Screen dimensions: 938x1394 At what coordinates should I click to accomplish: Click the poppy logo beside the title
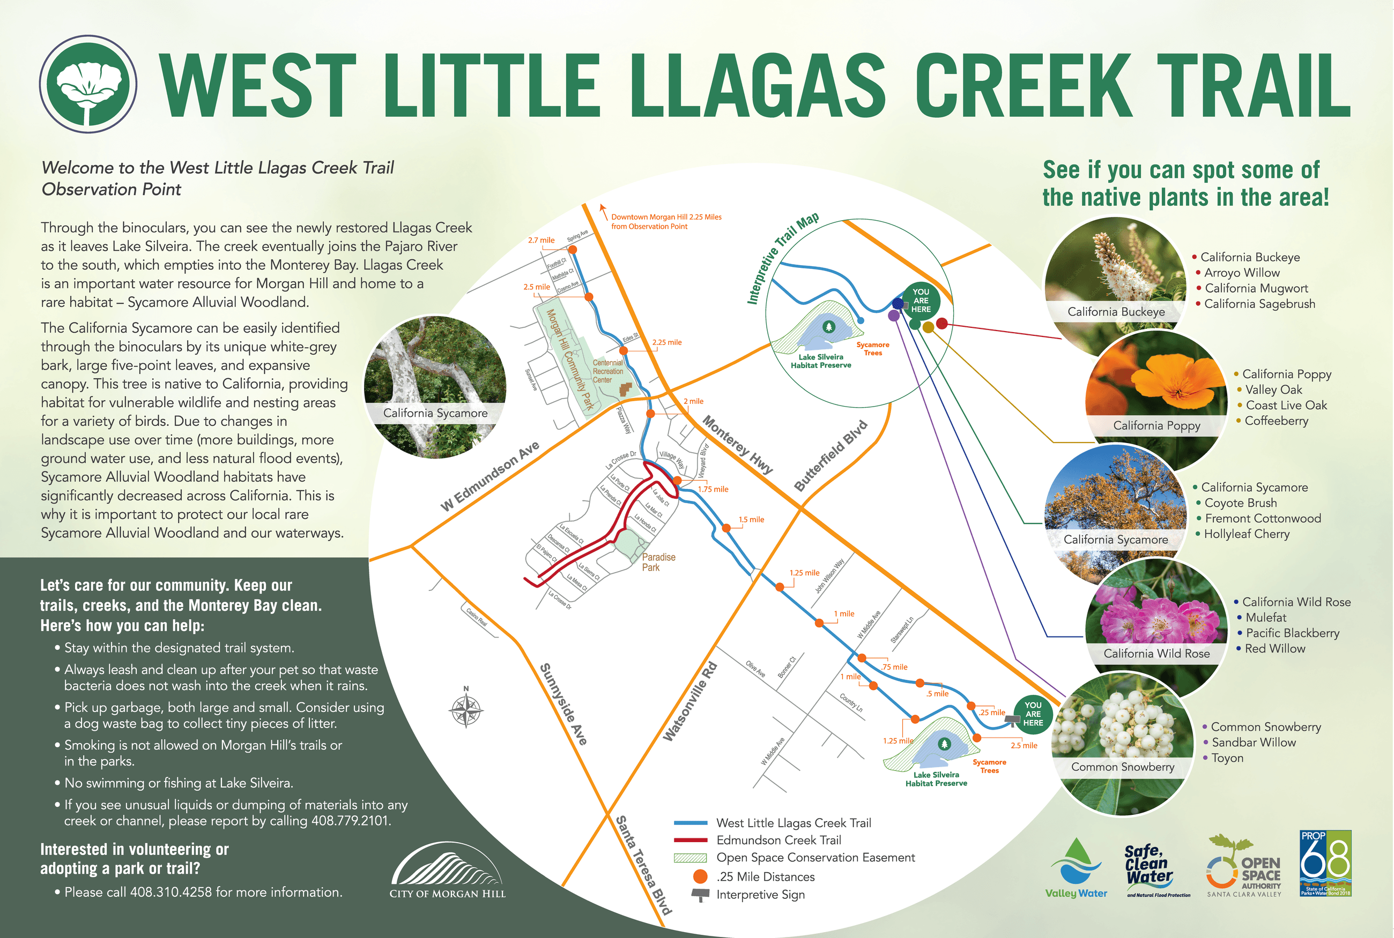click(x=88, y=83)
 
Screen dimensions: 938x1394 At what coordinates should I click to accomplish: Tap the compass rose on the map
click(x=466, y=710)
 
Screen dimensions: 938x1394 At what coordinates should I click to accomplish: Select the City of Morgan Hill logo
click(x=447, y=871)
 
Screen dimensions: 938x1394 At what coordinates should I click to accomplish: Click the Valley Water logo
click(x=1076, y=868)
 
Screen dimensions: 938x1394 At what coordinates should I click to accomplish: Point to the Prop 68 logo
click(x=1325, y=862)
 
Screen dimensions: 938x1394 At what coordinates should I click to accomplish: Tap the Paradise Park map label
click(x=658, y=562)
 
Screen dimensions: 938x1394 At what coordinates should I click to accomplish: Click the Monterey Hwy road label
click(x=737, y=445)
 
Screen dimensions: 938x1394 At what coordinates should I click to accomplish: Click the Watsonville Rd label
click(x=689, y=702)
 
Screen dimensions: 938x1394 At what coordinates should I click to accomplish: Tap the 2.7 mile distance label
click(x=541, y=241)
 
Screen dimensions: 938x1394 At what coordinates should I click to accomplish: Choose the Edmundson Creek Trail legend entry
click(x=778, y=841)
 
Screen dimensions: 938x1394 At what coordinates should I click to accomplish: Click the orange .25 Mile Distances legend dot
click(x=700, y=876)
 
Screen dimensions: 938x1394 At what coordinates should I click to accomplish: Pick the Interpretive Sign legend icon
click(x=700, y=896)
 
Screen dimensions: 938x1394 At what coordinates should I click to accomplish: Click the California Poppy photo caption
click(x=1156, y=425)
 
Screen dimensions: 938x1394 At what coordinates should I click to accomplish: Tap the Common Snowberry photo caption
click(x=1122, y=767)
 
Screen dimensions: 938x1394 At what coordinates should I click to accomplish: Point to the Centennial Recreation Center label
click(x=607, y=371)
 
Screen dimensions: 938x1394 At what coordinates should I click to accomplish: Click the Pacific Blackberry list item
click(x=1292, y=633)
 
